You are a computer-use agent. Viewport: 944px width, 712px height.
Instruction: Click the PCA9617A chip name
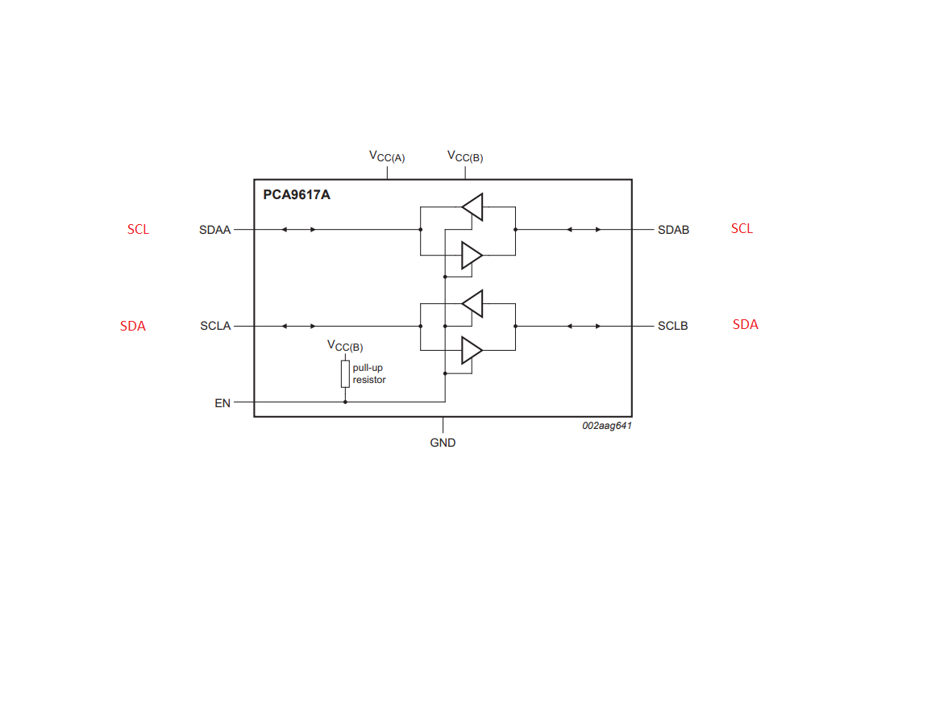[296, 194]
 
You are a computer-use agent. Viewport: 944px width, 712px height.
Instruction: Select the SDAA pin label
[215, 230]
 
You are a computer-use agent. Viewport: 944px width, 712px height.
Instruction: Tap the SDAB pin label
[673, 230]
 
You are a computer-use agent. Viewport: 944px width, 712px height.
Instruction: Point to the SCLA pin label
[215, 326]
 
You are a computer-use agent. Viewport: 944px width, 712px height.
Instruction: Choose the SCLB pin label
[672, 326]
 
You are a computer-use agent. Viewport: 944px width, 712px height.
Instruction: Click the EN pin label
[222, 403]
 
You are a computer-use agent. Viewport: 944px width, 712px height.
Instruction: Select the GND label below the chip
[443, 443]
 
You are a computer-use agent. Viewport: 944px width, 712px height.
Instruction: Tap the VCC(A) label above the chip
[386, 156]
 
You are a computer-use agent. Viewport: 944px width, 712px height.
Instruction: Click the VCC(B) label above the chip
[465, 156]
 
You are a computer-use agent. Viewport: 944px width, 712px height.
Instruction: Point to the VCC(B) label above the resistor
[345, 346]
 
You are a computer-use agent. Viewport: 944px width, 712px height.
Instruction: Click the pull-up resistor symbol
[345, 374]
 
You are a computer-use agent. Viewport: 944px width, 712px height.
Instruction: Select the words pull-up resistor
[369, 373]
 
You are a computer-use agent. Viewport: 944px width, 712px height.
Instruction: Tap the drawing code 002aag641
[607, 426]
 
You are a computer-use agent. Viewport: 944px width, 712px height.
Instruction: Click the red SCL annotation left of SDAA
[138, 230]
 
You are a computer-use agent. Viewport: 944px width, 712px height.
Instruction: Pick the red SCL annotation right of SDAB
[742, 228]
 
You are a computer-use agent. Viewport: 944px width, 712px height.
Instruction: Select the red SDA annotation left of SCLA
[133, 326]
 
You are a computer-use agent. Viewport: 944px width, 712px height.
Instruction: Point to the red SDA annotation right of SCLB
[746, 325]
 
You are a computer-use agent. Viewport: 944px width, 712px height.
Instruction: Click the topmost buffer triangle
[473, 207]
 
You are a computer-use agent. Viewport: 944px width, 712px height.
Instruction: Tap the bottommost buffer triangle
[472, 350]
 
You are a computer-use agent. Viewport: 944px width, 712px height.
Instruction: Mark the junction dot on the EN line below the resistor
[345, 402]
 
